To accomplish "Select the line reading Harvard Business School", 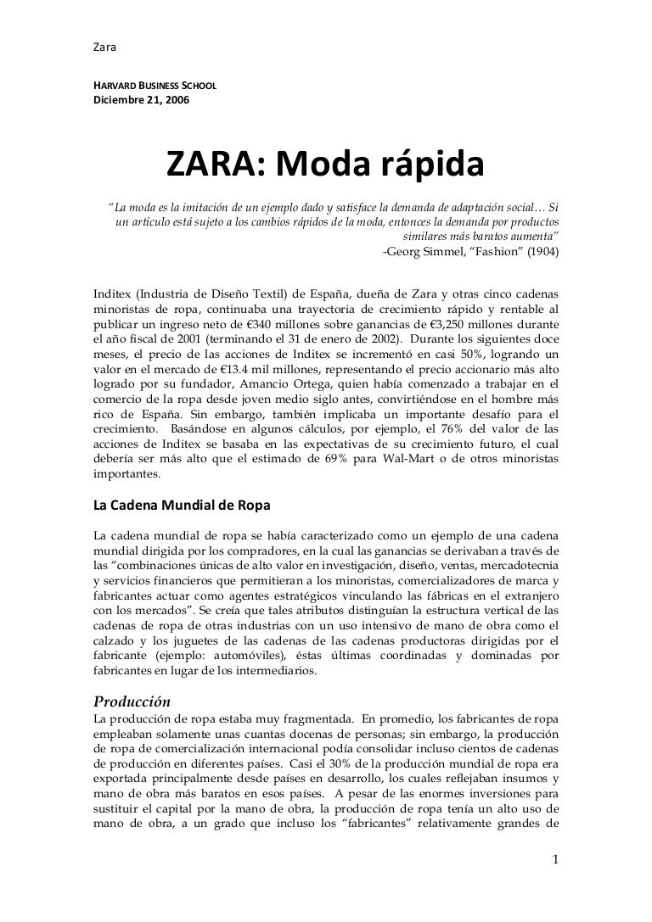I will tap(155, 87).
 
